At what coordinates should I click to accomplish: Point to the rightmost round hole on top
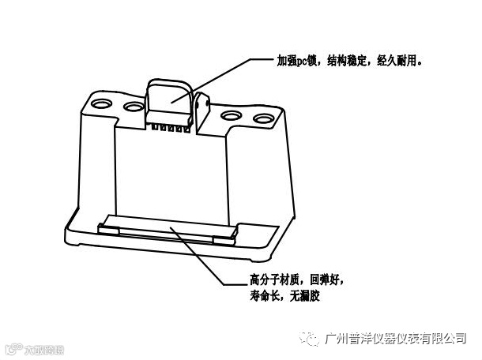(261, 119)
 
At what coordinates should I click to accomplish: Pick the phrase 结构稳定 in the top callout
(348, 60)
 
